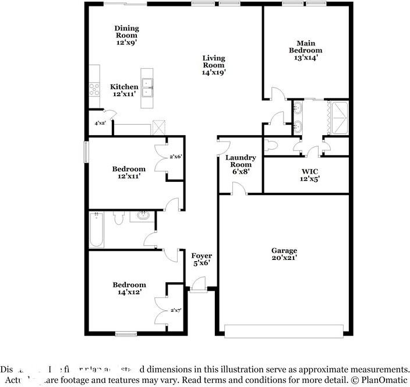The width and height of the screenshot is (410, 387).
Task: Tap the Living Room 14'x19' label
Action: pyautogui.click(x=213, y=65)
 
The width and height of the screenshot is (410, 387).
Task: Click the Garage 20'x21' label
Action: pyautogui.click(x=284, y=254)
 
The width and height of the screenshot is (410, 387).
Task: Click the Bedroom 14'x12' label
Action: pyautogui.click(x=129, y=289)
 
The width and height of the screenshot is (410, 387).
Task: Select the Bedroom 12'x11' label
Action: pyautogui.click(x=129, y=173)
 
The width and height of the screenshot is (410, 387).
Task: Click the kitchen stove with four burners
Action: pyautogui.click(x=94, y=89)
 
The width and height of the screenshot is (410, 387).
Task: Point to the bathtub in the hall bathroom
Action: pyautogui.click(x=97, y=230)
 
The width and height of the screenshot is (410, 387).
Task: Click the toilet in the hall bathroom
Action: pyautogui.click(x=118, y=218)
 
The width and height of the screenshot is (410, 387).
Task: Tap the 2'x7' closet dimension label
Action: pyautogui.click(x=175, y=311)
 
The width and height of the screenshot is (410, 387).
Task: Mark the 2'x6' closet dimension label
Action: pyautogui.click(x=175, y=157)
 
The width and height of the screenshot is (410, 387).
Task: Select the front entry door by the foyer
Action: pyautogui.click(x=197, y=288)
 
